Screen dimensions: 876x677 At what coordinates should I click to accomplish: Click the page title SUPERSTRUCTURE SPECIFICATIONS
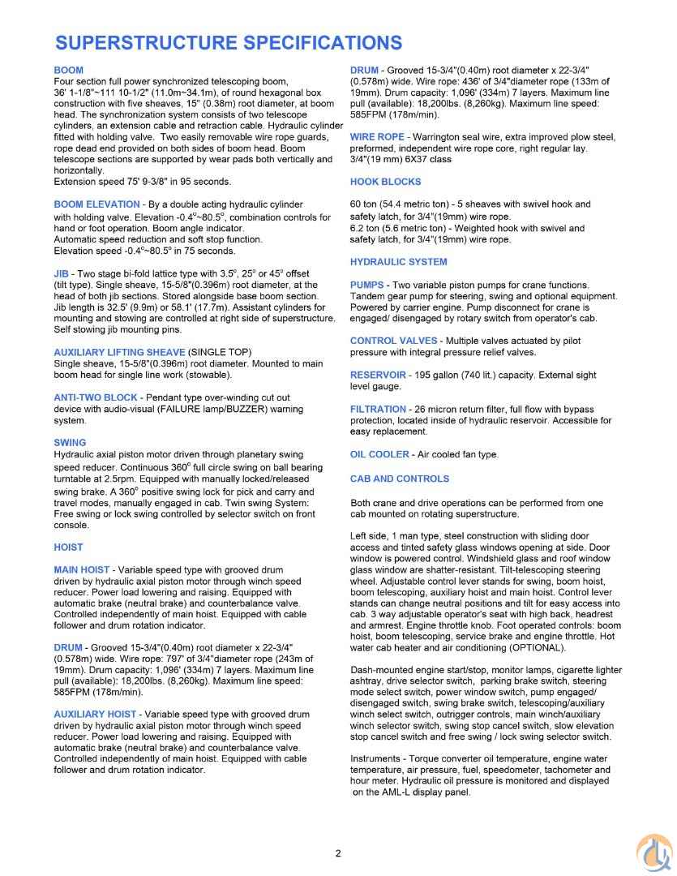point(229,42)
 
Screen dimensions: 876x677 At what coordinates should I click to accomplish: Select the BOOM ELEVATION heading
point(96,204)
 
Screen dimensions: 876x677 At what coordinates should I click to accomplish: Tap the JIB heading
point(60,273)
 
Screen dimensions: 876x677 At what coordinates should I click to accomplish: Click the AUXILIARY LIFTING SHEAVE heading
point(119,352)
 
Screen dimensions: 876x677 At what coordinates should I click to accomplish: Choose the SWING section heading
point(70,443)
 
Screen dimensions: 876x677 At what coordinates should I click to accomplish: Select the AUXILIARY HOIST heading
point(95,714)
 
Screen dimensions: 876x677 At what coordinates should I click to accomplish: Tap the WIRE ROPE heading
point(377,137)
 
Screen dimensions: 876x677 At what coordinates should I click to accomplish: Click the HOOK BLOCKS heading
point(386,182)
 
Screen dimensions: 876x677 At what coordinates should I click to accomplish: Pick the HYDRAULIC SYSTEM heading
point(398,262)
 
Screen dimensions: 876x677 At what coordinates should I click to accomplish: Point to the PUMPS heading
point(366,285)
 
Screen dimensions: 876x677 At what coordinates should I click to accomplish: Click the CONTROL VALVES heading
point(393,341)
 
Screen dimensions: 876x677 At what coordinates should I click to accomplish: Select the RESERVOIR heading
point(379,375)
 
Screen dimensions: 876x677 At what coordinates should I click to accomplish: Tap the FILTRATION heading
point(379,410)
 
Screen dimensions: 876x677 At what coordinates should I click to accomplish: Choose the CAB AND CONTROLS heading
point(400,479)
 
